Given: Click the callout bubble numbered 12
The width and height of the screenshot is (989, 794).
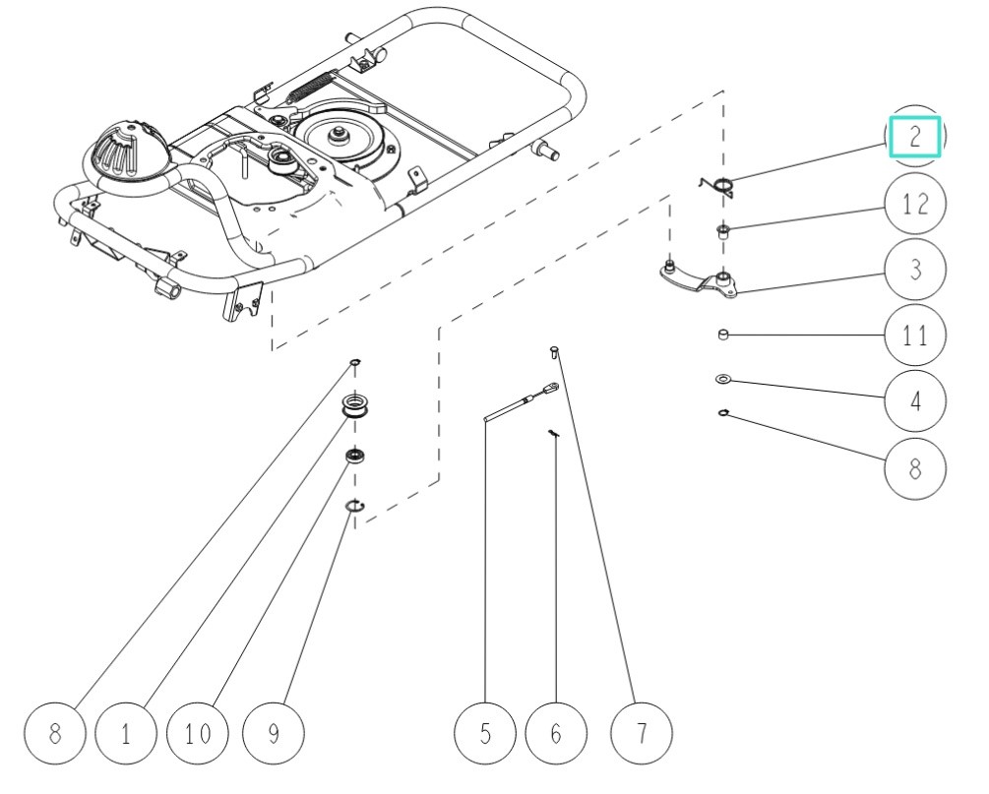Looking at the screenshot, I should [x=915, y=205].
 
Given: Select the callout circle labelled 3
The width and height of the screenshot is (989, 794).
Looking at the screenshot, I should [x=915, y=270].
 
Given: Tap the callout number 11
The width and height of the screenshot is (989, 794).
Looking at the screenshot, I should [x=915, y=336].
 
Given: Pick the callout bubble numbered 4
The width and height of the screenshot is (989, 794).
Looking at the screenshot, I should [x=915, y=401].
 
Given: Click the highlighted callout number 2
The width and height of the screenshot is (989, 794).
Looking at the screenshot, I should [x=915, y=137].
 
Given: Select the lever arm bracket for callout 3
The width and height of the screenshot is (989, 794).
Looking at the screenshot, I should [x=701, y=280].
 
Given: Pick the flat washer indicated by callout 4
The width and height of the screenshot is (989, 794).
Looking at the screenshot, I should [x=722, y=378].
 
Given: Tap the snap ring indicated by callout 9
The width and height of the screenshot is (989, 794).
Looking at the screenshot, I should [x=355, y=506].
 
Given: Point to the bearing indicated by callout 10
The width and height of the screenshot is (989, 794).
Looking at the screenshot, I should [x=354, y=456].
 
